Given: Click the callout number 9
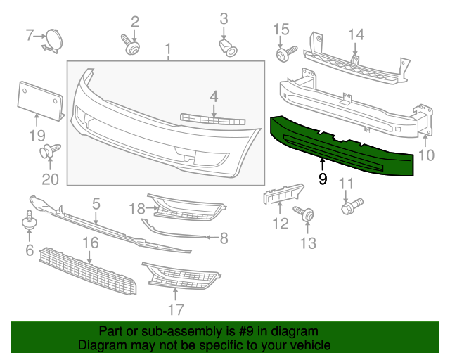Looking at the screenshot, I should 323,179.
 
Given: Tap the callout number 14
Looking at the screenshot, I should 356,34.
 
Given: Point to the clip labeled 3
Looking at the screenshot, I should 226,46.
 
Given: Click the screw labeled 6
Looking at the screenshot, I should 30,219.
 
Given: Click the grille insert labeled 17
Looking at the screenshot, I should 180,278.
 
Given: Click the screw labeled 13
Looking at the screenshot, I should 305,215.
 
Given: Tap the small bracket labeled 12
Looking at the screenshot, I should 283,195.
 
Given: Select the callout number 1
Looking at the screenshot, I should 168,49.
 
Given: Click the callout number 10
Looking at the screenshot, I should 427,155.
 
